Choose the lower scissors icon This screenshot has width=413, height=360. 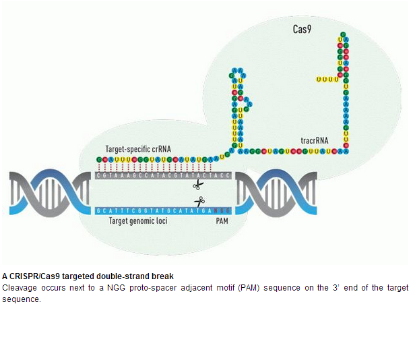(x=199, y=201)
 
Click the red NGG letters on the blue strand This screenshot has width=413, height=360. (x=222, y=210)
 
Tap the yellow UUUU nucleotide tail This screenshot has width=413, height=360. (x=326, y=80)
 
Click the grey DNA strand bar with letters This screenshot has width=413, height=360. (x=164, y=175)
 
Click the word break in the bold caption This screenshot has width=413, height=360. (x=163, y=276)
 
